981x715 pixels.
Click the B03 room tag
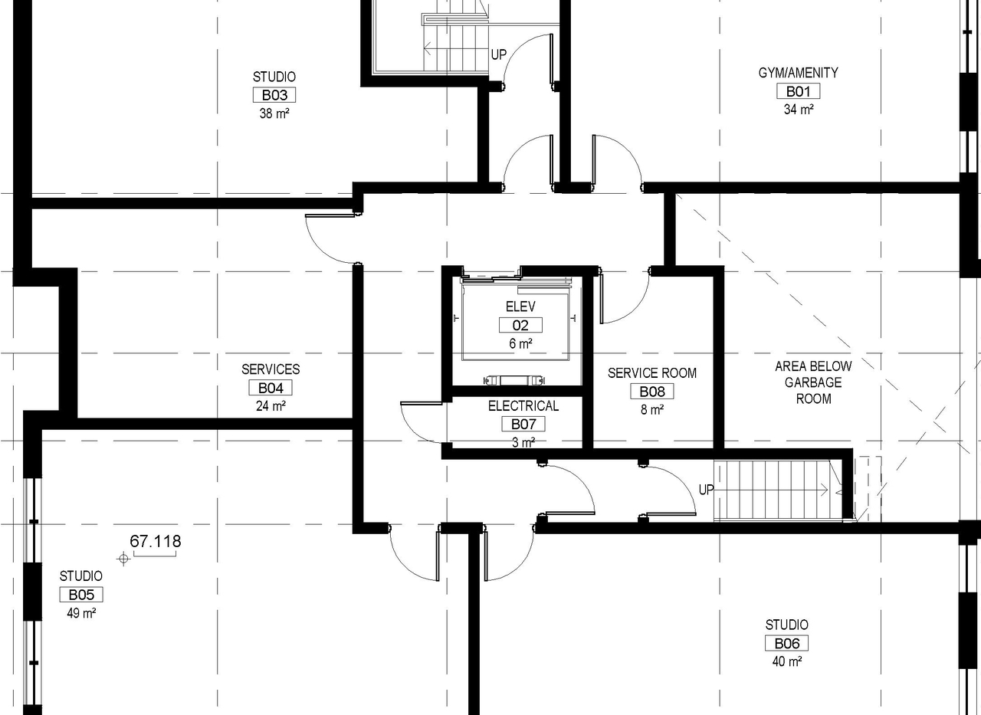click(x=274, y=95)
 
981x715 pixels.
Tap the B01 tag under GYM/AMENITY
click(x=798, y=91)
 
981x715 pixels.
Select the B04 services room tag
click(x=271, y=388)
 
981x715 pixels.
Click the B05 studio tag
click(x=80, y=595)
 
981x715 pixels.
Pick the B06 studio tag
click(x=786, y=644)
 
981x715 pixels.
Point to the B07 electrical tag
click(x=523, y=424)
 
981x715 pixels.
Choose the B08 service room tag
click(x=651, y=392)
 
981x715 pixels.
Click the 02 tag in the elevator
click(x=520, y=325)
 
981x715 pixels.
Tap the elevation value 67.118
click(x=156, y=542)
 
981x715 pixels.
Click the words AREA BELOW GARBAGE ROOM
click(x=813, y=382)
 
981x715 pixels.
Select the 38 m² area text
click(x=274, y=113)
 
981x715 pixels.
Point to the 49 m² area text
click(x=80, y=613)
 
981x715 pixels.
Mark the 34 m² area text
click(x=798, y=110)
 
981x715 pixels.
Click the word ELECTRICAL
click(x=523, y=406)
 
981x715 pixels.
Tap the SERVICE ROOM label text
click(x=652, y=373)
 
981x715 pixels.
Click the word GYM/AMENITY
click(x=798, y=73)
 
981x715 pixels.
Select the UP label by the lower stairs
click(x=706, y=490)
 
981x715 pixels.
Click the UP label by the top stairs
click(x=498, y=54)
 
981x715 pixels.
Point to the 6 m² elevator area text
click(x=520, y=344)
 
